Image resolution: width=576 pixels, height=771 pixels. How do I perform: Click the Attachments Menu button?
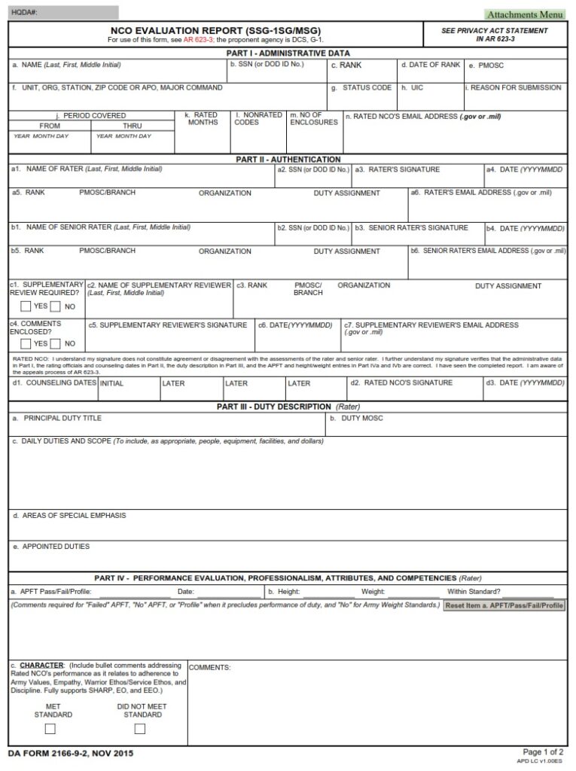click(x=525, y=14)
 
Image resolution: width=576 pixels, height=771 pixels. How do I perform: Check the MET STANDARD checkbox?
click(x=50, y=729)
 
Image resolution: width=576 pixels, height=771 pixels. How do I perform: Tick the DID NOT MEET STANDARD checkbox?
click(x=139, y=729)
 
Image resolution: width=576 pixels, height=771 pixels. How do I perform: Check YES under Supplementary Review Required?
click(x=26, y=306)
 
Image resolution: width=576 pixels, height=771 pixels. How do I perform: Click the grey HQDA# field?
click(x=63, y=13)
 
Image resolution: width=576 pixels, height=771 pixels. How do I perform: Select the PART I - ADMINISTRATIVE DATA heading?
click(x=288, y=53)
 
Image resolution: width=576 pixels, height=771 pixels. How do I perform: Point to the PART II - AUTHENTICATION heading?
click(x=288, y=160)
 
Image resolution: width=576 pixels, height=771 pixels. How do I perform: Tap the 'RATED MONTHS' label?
click(x=203, y=119)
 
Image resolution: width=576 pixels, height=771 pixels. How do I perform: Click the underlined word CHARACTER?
click(x=41, y=666)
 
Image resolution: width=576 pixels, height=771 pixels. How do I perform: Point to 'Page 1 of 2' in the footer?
click(x=543, y=752)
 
